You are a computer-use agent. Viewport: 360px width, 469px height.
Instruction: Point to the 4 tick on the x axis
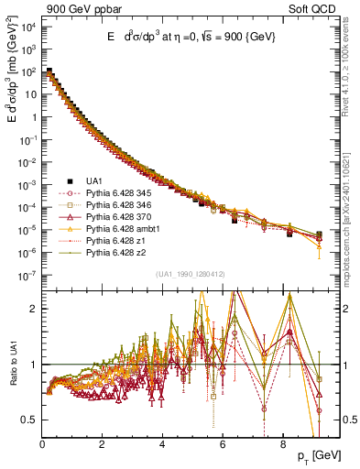click(x=162, y=441)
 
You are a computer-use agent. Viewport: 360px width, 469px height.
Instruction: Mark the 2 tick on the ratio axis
click(x=33, y=309)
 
